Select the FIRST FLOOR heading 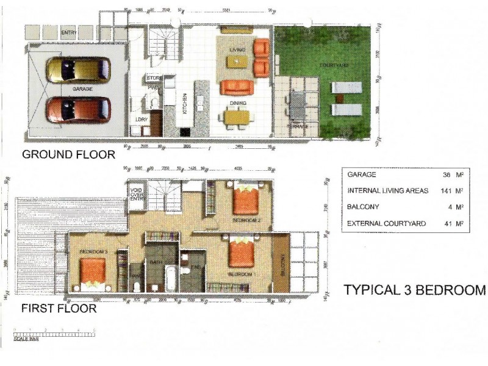(59, 309)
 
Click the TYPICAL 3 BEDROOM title (415, 290)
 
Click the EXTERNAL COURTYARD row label (386, 224)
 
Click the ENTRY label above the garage (68, 32)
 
